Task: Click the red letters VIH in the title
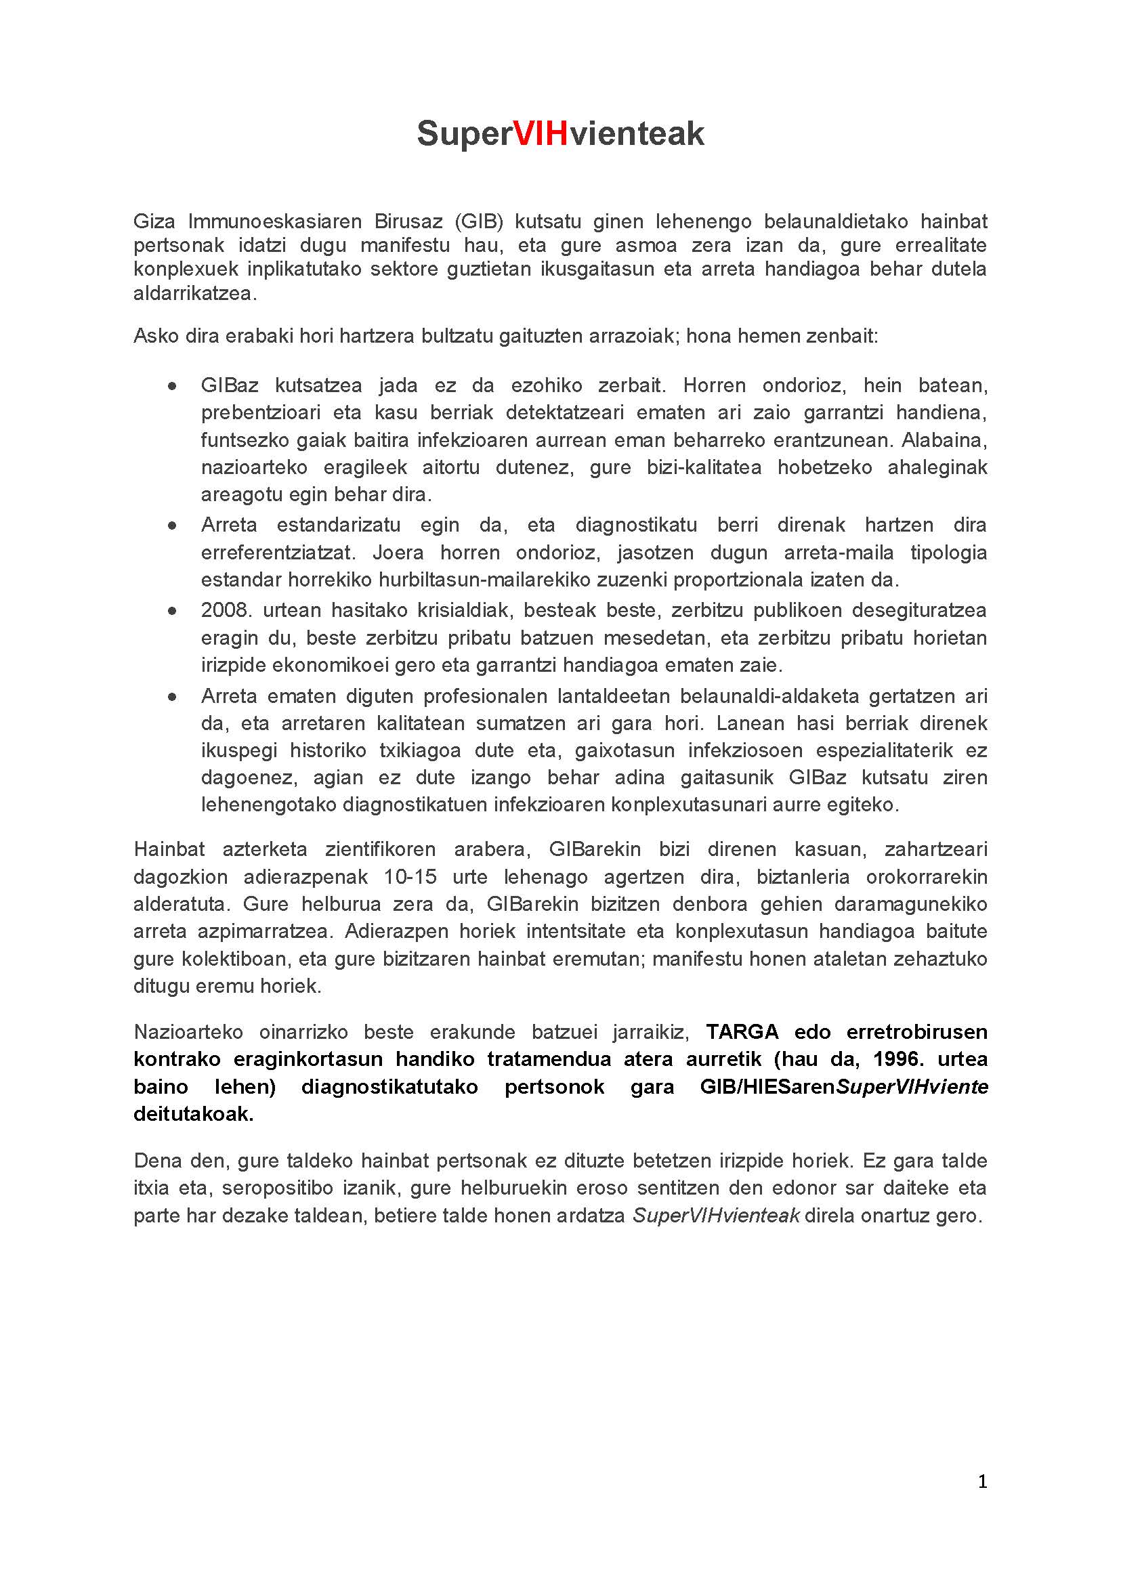pyautogui.click(x=541, y=133)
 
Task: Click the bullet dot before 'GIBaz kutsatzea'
pyautogui.click(x=172, y=386)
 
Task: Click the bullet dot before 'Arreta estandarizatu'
pyautogui.click(x=172, y=526)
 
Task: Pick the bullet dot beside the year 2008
pyautogui.click(x=172, y=611)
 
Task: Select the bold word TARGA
pyautogui.click(x=742, y=1032)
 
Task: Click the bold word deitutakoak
pyautogui.click(x=193, y=1114)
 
